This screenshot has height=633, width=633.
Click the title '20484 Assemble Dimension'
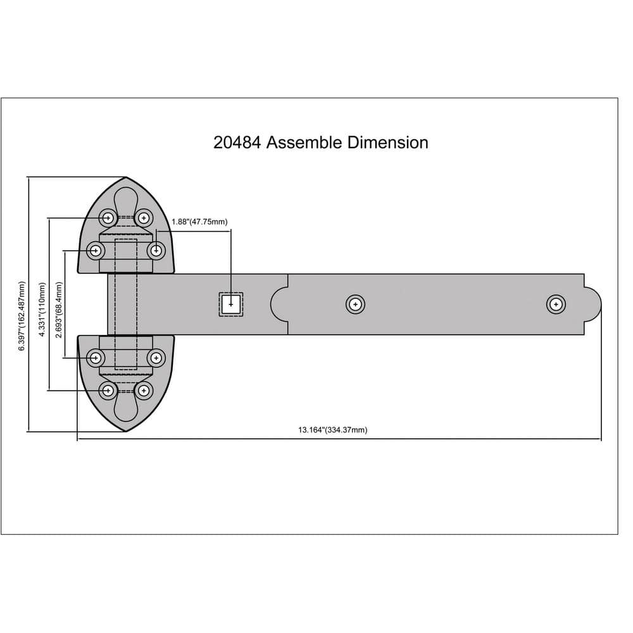(320, 142)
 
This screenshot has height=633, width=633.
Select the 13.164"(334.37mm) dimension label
(332, 430)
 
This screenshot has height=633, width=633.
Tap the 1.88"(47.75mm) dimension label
(199, 222)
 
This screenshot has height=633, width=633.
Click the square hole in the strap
(231, 304)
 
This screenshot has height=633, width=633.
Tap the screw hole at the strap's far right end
(556, 304)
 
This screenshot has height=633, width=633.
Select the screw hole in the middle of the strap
(356, 304)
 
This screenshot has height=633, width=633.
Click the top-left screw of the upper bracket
(108, 218)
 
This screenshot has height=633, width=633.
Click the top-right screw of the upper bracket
(144, 218)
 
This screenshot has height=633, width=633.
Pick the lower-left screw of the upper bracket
(96, 251)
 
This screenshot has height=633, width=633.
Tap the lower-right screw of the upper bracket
(156, 251)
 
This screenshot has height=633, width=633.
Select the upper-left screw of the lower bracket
(96, 358)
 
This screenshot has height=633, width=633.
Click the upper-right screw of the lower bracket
(156, 358)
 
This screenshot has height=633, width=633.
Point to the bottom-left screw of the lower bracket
(108, 390)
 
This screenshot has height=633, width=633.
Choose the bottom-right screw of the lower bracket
(144, 390)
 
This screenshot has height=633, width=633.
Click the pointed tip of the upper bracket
(126, 179)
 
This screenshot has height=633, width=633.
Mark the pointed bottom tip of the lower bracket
(126, 430)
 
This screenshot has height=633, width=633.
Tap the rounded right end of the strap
(595, 304)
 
